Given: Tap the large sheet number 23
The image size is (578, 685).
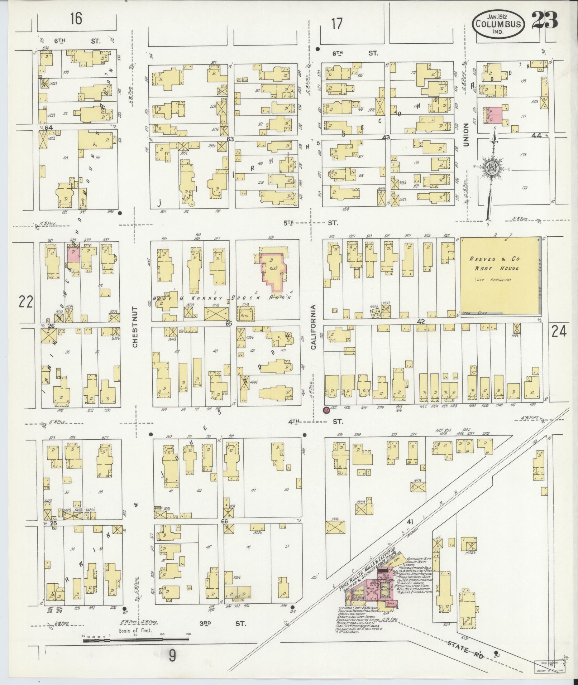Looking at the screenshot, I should [544, 20].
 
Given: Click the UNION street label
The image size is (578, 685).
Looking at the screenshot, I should [466, 134].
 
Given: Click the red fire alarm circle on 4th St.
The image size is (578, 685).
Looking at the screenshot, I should [326, 410].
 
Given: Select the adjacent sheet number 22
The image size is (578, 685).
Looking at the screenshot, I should [26, 302].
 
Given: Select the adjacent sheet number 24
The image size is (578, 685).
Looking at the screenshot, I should [559, 332].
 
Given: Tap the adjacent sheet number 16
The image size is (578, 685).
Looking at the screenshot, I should [76, 19].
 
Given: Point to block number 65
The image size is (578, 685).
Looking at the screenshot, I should [229, 323].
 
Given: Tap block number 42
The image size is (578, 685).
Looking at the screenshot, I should [421, 322].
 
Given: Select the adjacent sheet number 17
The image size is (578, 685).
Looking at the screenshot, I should [337, 24].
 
